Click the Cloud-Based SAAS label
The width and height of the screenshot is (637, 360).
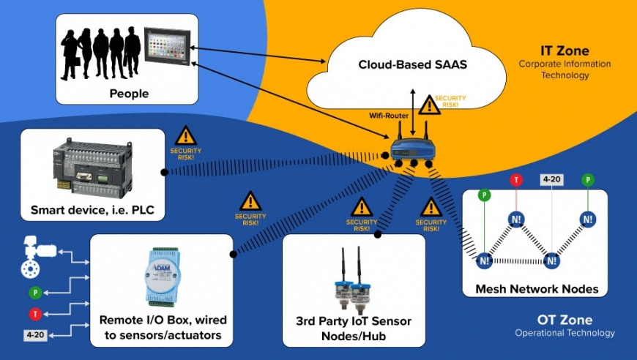pyautogui.click(x=412, y=65)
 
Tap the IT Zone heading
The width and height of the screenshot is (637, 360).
pyautogui.click(x=565, y=50)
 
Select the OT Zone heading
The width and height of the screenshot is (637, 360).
pyautogui.click(x=564, y=320)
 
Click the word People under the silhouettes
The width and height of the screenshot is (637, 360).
pyautogui.click(x=129, y=93)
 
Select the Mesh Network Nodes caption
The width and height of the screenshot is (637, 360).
pyautogui.click(x=536, y=289)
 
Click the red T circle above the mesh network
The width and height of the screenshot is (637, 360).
pyautogui.click(x=516, y=180)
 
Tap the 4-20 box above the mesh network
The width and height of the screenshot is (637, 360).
pyautogui.click(x=551, y=179)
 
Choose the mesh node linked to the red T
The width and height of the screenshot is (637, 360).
pyautogui.click(x=517, y=219)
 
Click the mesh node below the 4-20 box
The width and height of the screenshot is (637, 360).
pyautogui.click(x=551, y=260)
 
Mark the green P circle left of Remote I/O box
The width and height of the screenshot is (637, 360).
pyautogui.click(x=34, y=293)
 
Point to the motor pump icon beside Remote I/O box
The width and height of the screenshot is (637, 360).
pyautogui.click(x=32, y=256)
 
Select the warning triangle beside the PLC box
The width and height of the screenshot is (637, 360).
pyautogui.click(x=186, y=135)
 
